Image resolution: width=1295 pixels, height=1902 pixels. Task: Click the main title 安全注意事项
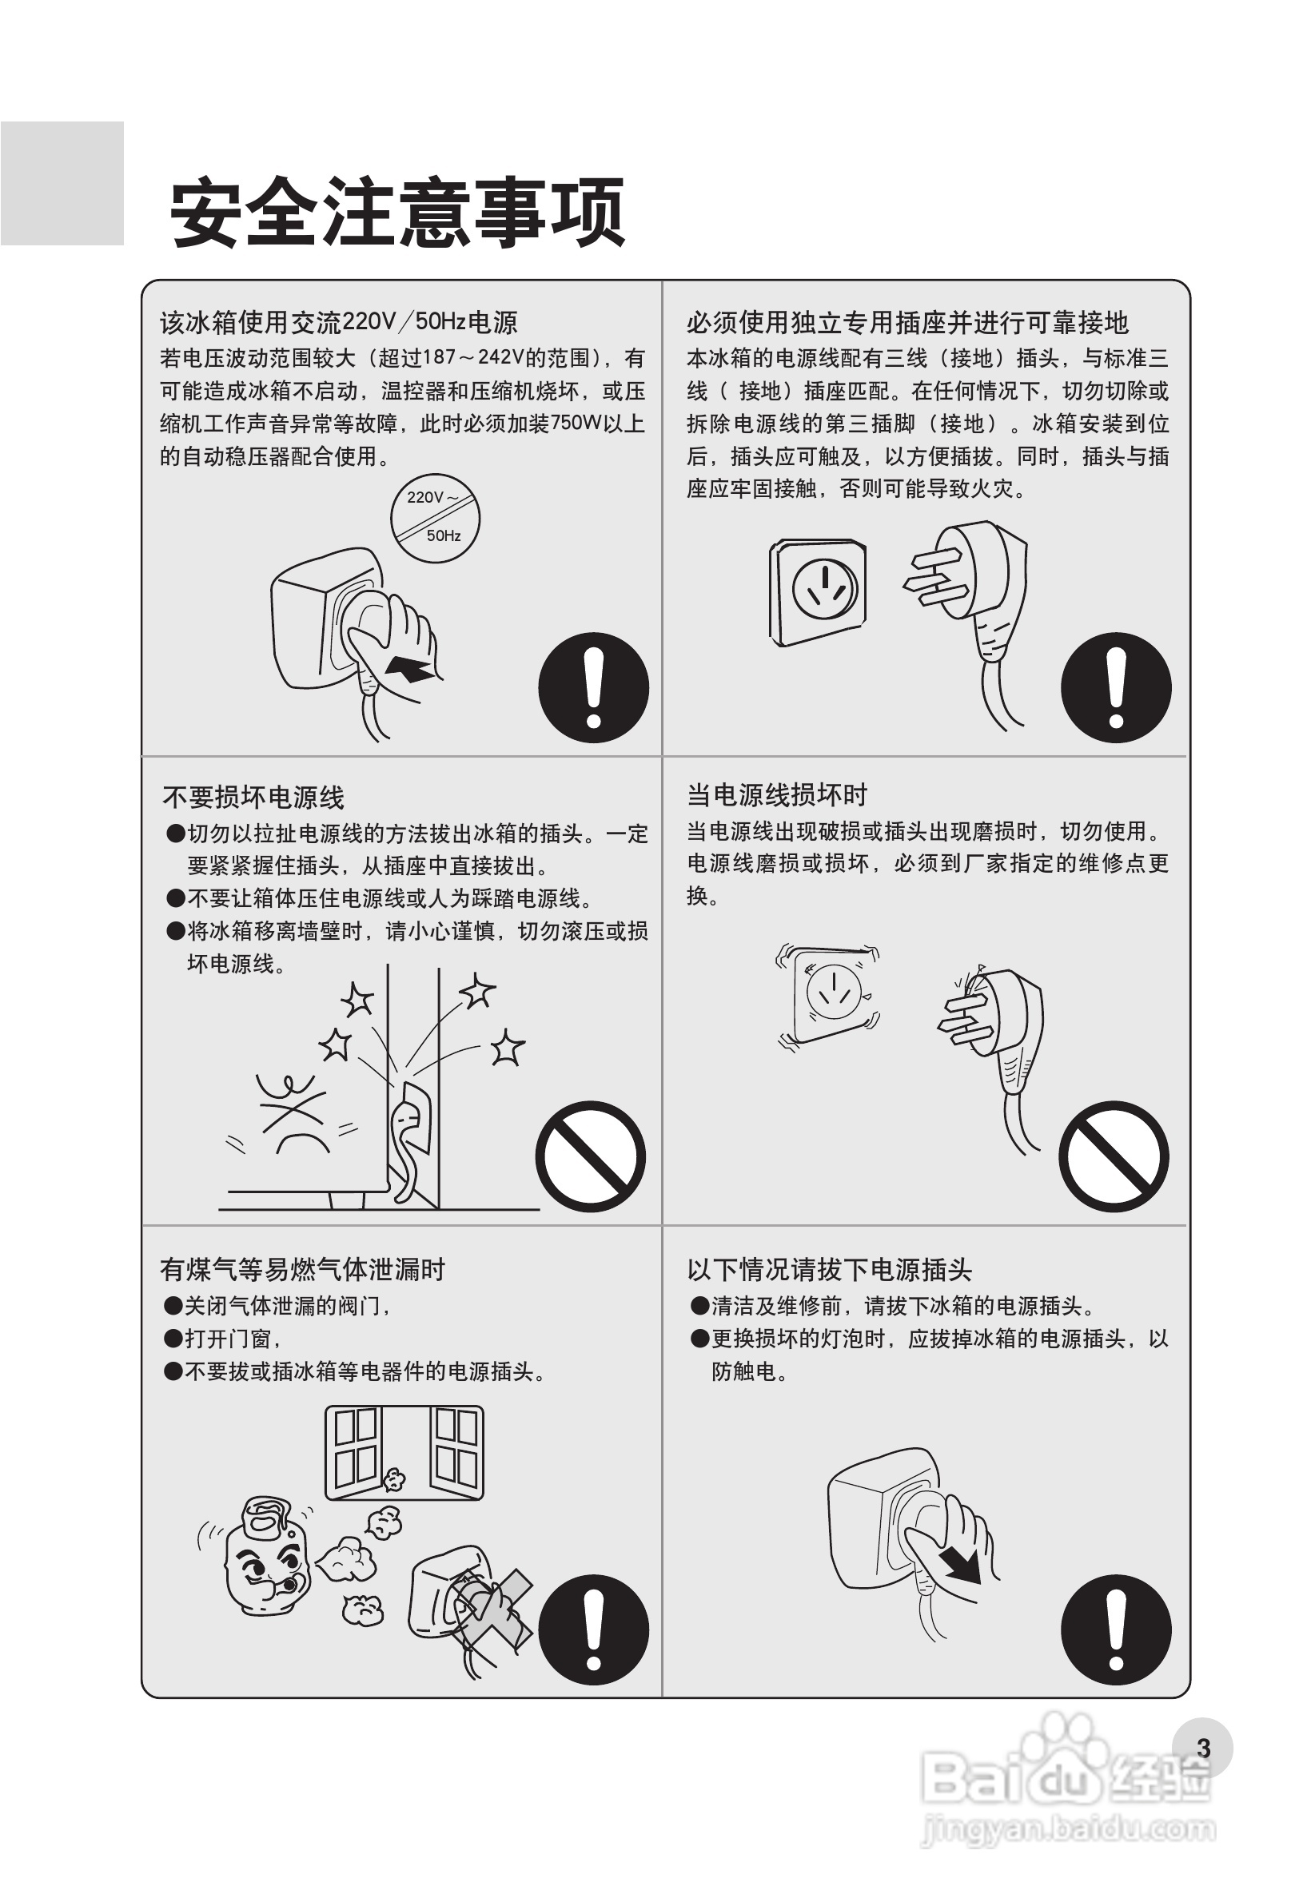pyautogui.click(x=397, y=213)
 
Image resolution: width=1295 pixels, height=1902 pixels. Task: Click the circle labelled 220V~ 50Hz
pyautogui.click(x=435, y=517)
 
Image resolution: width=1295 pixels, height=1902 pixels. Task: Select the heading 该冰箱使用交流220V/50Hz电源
pyautogui.click(x=338, y=322)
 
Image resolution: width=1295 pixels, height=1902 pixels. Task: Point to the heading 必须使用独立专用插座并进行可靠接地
pyautogui.click(x=907, y=322)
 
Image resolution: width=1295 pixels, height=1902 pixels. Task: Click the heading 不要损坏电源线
pyautogui.click(x=253, y=796)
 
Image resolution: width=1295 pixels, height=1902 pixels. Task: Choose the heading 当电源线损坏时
pyautogui.click(x=777, y=794)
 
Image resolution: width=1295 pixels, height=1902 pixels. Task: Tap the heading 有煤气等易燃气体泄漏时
pyautogui.click(x=302, y=1268)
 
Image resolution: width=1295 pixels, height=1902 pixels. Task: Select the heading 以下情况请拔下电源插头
pyautogui.click(x=829, y=1268)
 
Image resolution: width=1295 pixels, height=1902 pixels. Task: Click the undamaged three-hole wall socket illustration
pyautogui.click(x=817, y=591)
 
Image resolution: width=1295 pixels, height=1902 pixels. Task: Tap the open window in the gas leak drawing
pyautogui.click(x=404, y=1453)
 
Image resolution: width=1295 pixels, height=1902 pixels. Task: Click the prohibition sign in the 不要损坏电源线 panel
pyautogui.click(x=590, y=1156)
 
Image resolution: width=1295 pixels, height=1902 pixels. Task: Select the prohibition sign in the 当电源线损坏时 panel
pyautogui.click(x=1114, y=1156)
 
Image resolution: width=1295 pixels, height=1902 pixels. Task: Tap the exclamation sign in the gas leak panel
pyautogui.click(x=593, y=1629)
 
